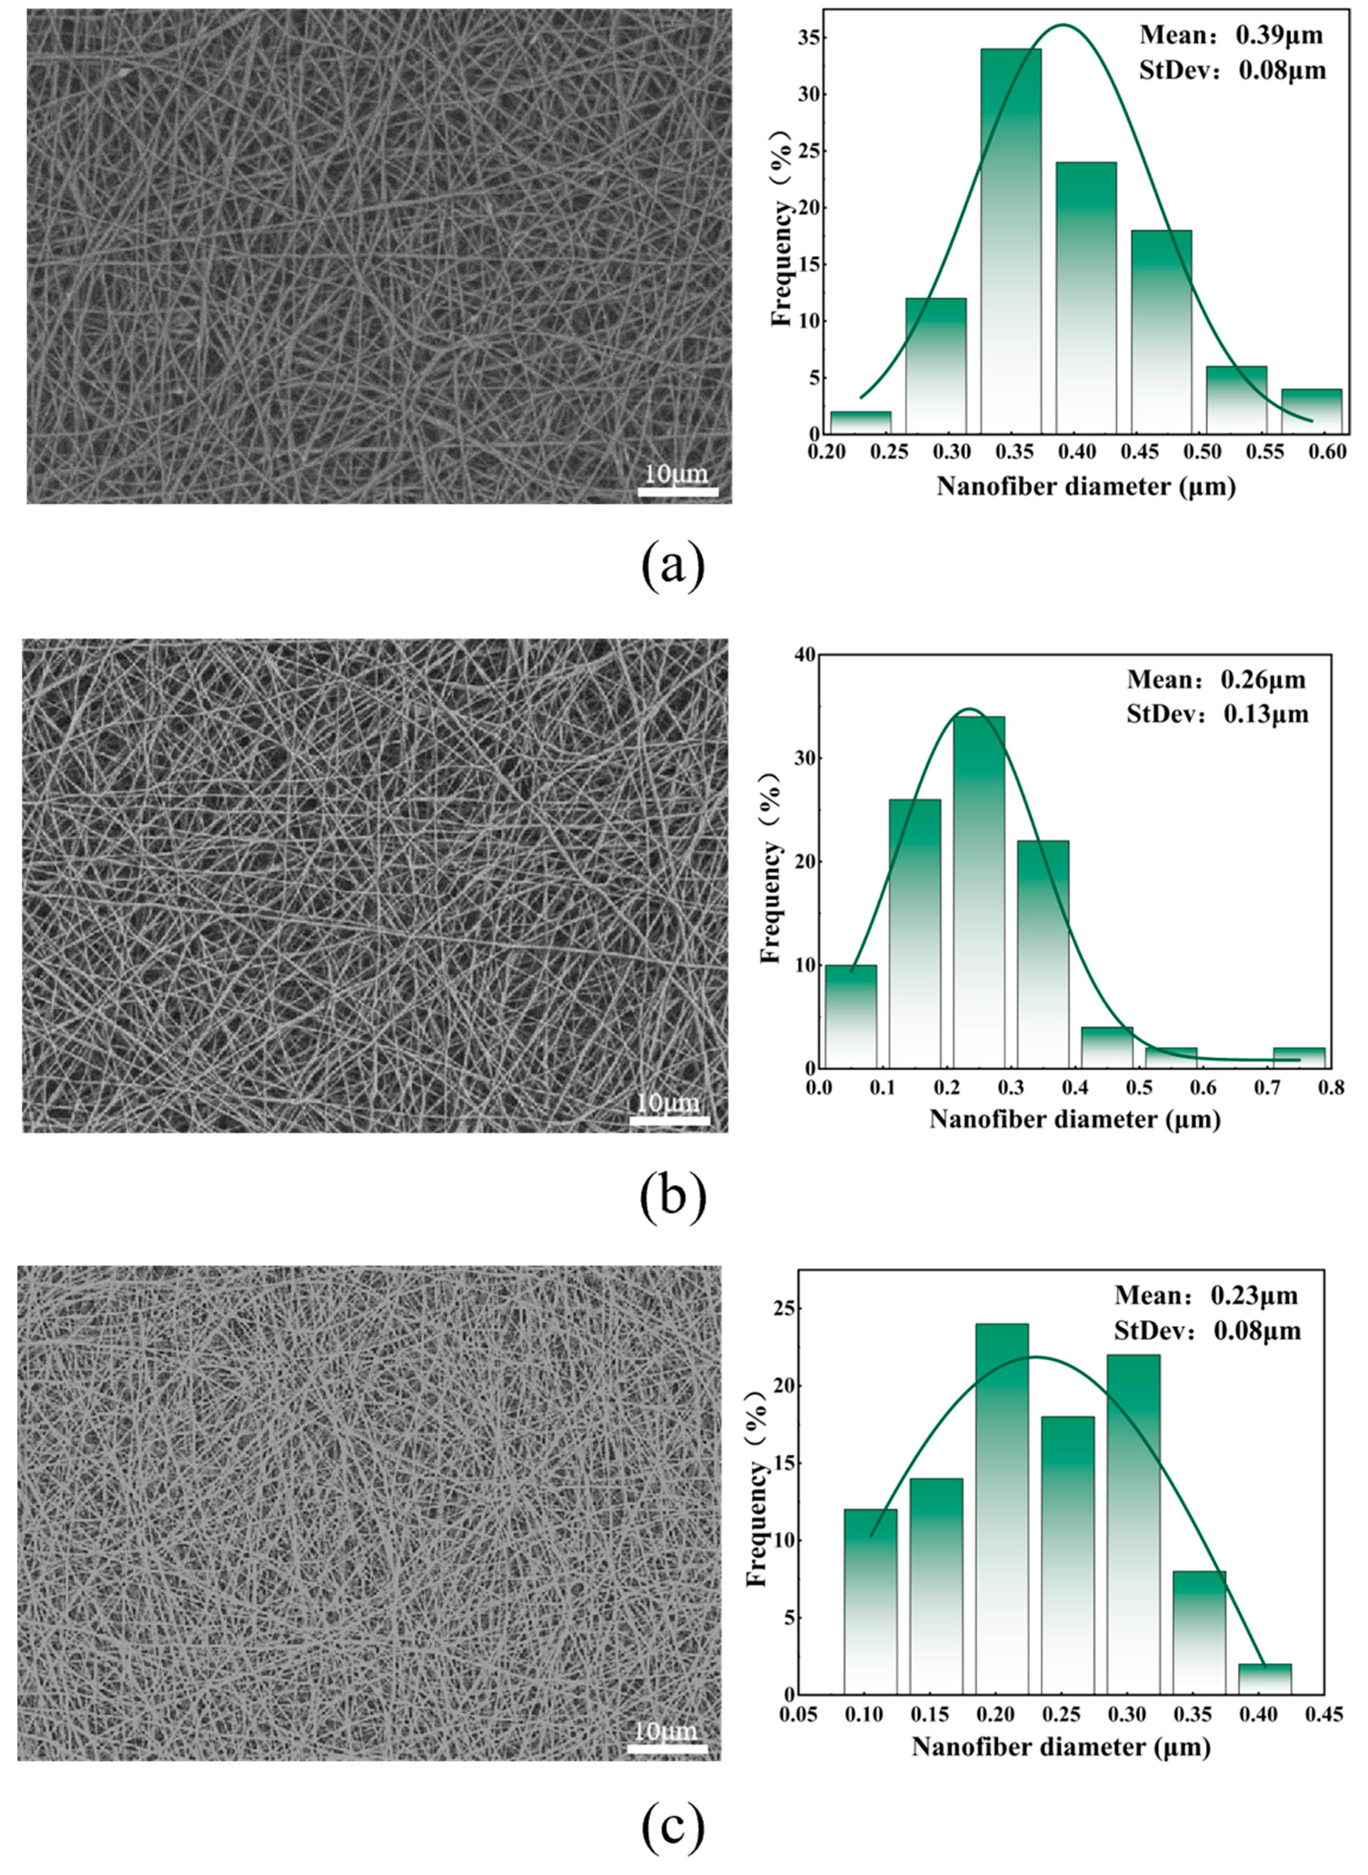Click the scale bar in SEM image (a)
point(677,492)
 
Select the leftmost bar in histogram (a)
point(860,422)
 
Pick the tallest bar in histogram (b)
point(979,892)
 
